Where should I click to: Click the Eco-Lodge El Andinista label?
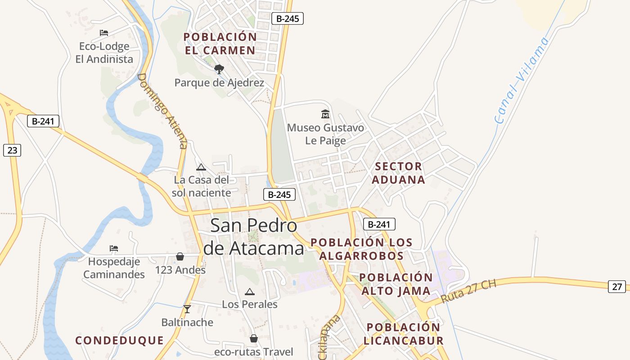(x=104, y=53)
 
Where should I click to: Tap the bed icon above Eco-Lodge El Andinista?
(x=104, y=32)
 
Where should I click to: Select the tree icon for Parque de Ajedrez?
(x=219, y=69)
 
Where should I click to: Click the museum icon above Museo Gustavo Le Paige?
(x=325, y=114)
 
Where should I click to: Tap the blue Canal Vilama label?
(x=522, y=81)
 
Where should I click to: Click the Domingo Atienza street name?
(x=162, y=111)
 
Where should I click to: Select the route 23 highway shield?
(x=12, y=150)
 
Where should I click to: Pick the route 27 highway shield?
(x=616, y=286)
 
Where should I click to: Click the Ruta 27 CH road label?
(x=468, y=292)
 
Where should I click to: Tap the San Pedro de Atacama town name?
(x=254, y=237)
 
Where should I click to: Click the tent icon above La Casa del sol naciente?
(x=201, y=167)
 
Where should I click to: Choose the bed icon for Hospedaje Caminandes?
(x=114, y=248)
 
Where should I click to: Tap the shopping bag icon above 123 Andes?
(x=180, y=256)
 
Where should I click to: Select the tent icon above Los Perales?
(x=249, y=292)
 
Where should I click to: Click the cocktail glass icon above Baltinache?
(x=187, y=309)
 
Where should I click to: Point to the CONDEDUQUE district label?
(x=119, y=340)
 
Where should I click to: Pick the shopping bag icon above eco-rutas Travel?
(x=254, y=338)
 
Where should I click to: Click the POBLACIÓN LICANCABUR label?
(x=403, y=334)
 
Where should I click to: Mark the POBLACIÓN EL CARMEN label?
(x=220, y=44)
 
